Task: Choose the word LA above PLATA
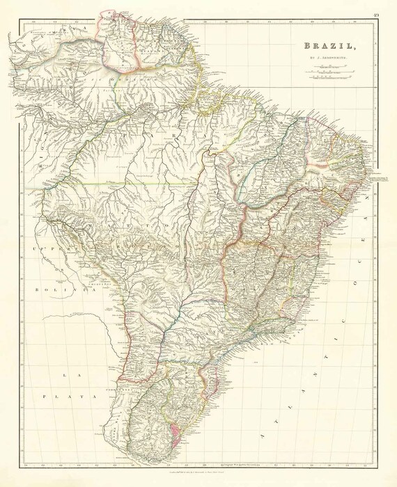point(68,376)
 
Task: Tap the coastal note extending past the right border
point(380,179)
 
